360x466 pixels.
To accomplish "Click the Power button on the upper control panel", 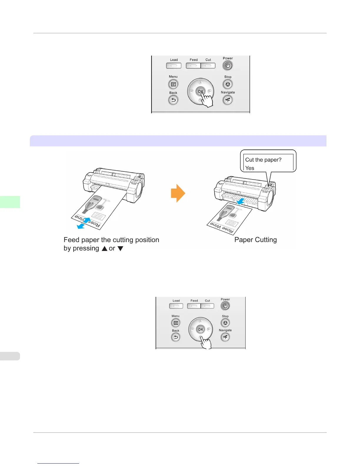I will (x=228, y=66).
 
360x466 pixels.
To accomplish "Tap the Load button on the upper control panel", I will (x=174, y=66).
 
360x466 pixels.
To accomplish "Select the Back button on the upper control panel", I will (x=173, y=100).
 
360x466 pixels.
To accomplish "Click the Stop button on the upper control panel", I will (x=228, y=84).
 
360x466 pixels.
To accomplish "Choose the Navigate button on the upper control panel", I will (x=228, y=100).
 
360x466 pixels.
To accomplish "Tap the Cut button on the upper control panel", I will (x=208, y=66).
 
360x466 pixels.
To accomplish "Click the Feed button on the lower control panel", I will (x=194, y=306).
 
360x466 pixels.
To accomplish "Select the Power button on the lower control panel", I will (x=225, y=306).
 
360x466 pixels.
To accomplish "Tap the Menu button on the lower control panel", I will (x=176, y=323).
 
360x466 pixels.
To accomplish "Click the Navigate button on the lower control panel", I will (x=225, y=337).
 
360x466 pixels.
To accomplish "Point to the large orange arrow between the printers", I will (x=178, y=193).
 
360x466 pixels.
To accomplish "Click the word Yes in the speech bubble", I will (x=250, y=168).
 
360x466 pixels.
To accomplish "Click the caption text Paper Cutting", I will (x=256, y=240).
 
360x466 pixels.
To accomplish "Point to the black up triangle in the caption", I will (x=104, y=249).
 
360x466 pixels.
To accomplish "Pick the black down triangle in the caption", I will (x=120, y=249).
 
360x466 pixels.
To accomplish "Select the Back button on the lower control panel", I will (x=176, y=337).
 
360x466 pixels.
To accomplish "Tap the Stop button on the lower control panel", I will (x=225, y=323).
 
